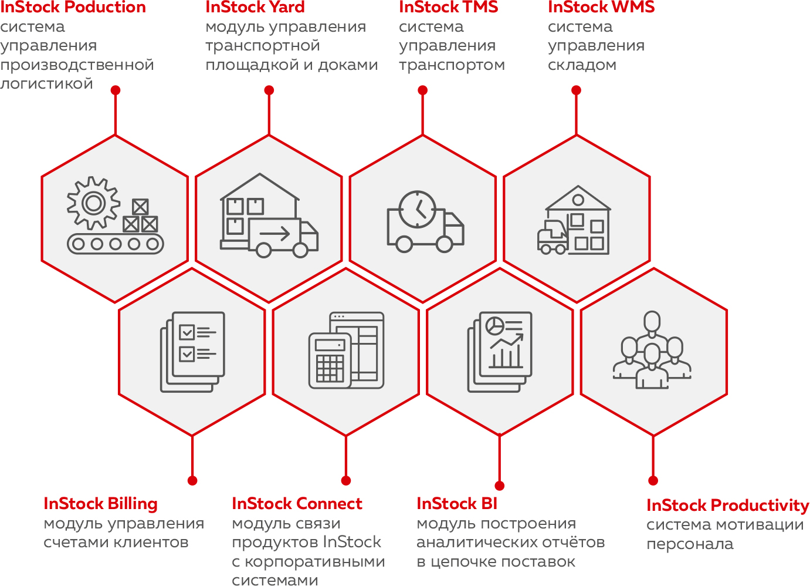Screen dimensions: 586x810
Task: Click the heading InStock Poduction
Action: pos(73,8)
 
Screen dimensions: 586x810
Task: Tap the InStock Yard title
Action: pos(255,8)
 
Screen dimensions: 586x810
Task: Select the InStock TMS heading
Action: pos(448,8)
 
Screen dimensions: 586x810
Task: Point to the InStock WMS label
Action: pos(601,8)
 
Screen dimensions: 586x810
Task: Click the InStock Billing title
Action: pos(100,504)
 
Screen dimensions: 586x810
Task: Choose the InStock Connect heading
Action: pos(297,504)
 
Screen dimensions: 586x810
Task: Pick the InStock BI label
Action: pos(456,504)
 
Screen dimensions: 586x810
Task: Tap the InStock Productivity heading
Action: pos(727,506)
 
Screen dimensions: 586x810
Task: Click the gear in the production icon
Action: pos(93,203)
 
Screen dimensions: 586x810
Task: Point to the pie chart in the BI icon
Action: pos(496,325)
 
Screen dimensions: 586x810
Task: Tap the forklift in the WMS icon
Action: pos(552,238)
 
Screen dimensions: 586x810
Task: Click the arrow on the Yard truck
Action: pos(275,234)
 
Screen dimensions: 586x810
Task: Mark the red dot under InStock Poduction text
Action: pos(116,90)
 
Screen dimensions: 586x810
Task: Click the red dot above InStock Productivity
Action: pos(653,480)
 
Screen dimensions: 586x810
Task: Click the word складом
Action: pos(582,65)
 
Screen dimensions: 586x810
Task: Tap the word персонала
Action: pos(690,544)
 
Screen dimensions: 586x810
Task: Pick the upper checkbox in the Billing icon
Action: pos(187,332)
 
